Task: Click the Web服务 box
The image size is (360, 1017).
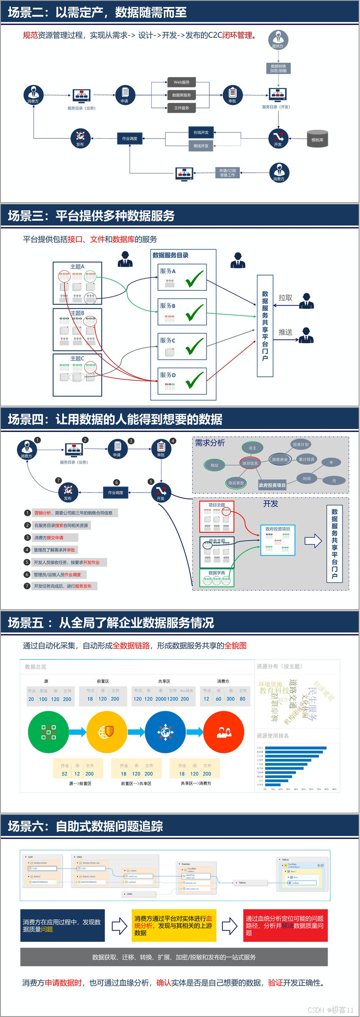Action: coord(181,82)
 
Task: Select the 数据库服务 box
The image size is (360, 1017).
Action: coord(181,95)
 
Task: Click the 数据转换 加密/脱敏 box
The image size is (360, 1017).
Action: coord(279,68)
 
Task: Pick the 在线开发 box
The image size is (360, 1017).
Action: coord(201,132)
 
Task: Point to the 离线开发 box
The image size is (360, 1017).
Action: coord(201,146)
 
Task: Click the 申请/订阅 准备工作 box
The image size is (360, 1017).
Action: coord(227,173)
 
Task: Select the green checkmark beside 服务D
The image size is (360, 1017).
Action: coord(195,380)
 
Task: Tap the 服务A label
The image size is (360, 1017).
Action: coord(168,271)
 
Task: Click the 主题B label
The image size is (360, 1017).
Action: coord(77,313)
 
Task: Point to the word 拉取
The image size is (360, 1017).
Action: coord(285,298)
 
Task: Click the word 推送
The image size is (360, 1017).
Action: coord(285,332)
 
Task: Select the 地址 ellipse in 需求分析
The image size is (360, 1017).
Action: coord(215,465)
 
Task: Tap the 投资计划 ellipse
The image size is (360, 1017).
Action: coord(300,444)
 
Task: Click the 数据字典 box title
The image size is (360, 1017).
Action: coord(217,573)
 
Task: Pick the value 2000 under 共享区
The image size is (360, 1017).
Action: coord(161,699)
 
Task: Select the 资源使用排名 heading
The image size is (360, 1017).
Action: coord(273,736)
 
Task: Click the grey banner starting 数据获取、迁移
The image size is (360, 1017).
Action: coord(174,957)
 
